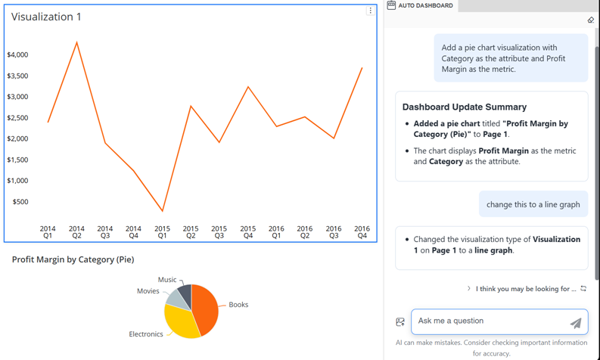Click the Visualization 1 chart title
[46, 17]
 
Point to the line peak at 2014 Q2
[76, 42]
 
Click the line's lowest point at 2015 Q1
[162, 210]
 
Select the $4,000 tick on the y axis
[17, 54]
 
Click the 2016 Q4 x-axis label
[362, 231]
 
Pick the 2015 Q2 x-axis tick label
[191, 231]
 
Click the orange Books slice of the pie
[206, 306]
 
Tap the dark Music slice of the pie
[185, 293]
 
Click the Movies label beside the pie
[148, 291]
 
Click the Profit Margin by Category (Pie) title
[73, 259]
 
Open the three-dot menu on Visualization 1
[370, 11]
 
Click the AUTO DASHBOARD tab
[420, 5]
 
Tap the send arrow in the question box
[576, 323]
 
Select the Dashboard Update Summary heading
[465, 107]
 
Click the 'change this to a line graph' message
[533, 204]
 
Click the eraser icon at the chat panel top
[591, 20]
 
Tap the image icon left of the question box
[400, 322]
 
